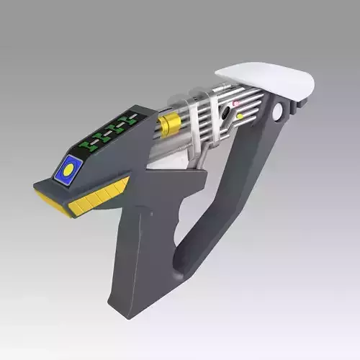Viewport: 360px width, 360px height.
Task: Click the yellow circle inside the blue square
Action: [68, 171]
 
